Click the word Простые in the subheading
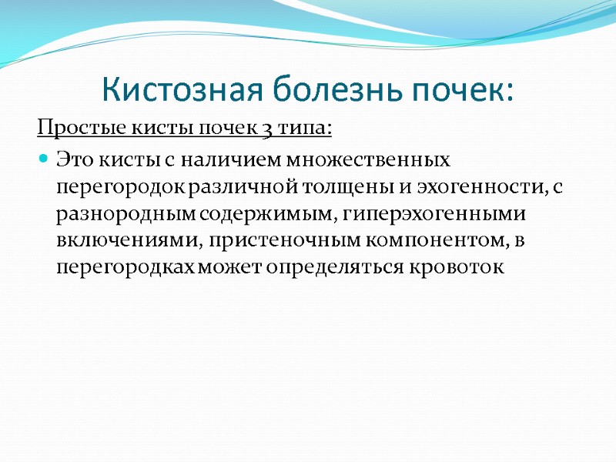pos(71,126)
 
